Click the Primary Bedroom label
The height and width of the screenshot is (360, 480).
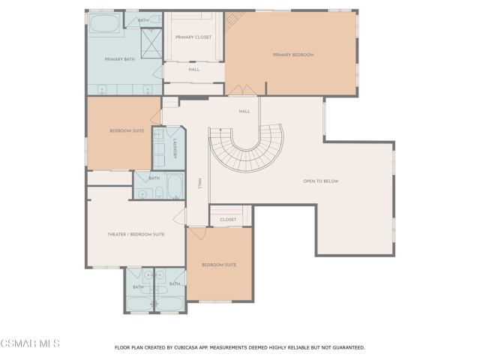pos(293,55)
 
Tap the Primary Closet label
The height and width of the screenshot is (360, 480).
pos(193,37)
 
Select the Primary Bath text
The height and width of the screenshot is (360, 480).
pos(120,59)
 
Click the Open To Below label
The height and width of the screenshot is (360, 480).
pos(321,181)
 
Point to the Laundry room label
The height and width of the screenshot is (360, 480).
pos(175,148)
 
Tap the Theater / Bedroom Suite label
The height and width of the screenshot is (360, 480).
pos(136,234)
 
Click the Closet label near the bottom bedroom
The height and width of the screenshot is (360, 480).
pos(228,220)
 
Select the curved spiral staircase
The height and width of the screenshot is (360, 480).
pos(247,148)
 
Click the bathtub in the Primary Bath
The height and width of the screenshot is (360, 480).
pos(105,23)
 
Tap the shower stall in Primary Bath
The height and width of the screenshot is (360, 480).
pos(151,43)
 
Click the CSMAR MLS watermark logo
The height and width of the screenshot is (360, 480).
pos(30,343)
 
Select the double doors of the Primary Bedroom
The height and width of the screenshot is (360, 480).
pos(242,90)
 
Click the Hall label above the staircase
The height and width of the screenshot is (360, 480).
pos(244,112)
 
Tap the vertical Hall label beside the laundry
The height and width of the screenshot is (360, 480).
pos(199,184)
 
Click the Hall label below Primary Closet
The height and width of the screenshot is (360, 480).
pos(194,70)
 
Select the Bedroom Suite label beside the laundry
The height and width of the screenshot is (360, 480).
pos(127,130)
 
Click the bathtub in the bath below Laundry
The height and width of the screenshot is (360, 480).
pos(175,186)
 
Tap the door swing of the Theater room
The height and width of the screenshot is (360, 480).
pos(180,217)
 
